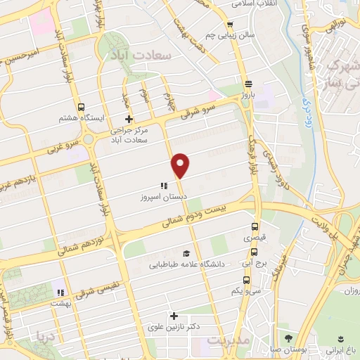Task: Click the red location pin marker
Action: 181,166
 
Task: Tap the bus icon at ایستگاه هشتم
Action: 82,108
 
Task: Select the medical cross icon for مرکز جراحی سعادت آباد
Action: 128,119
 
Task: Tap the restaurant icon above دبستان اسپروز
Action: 163,186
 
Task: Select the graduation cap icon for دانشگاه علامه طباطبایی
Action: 186,254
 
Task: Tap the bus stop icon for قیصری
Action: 255,227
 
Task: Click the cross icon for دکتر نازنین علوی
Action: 173,316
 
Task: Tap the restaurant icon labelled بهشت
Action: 60,291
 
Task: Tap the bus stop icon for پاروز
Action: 247,82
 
